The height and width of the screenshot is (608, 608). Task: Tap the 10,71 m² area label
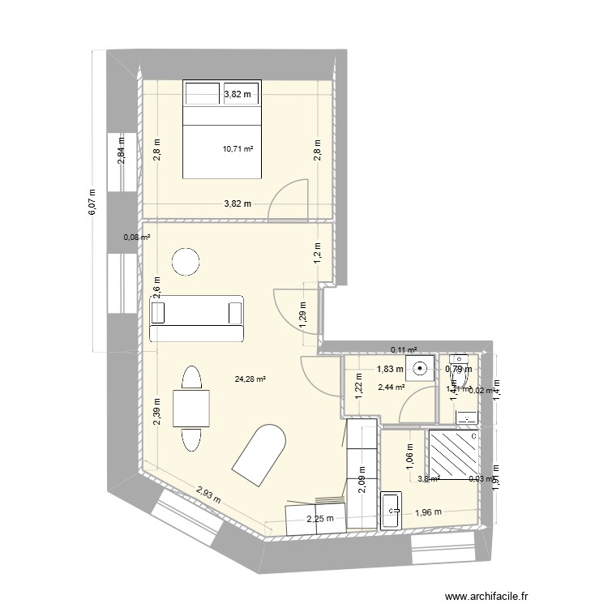[238, 149]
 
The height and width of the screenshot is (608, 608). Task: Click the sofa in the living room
[197, 318]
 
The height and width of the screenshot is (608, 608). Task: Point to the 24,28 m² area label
[250, 378]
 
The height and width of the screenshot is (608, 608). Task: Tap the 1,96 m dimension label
[428, 512]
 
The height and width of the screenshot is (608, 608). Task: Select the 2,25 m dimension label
[319, 520]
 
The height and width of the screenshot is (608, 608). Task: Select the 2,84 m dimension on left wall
[122, 152]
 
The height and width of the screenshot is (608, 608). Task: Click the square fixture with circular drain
[421, 369]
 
